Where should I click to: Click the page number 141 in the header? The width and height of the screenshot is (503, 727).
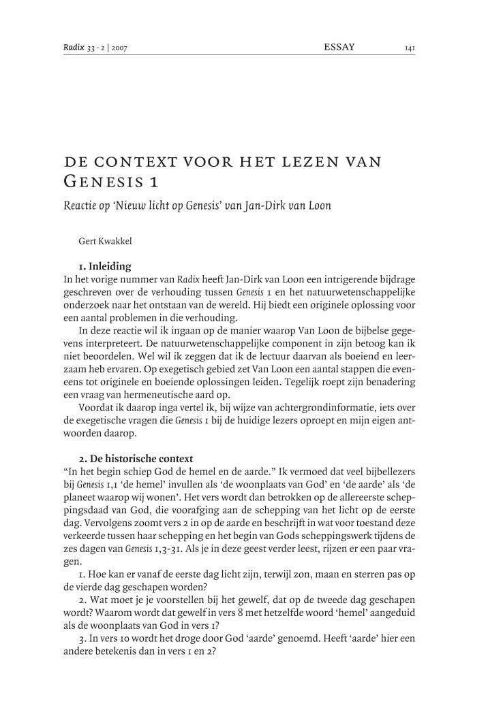click(410, 48)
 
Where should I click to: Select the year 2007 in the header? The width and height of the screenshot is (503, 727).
click(119, 48)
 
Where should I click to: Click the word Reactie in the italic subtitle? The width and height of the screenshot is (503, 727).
click(79, 205)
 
